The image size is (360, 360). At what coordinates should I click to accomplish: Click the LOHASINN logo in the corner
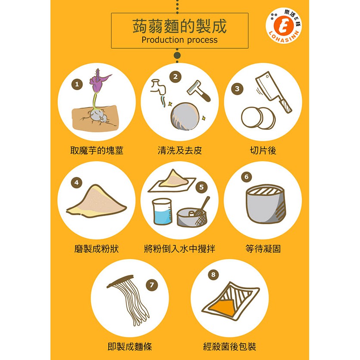(284, 25)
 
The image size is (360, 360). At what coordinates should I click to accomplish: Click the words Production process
(179, 40)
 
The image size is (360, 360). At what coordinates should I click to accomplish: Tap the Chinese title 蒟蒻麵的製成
(179, 26)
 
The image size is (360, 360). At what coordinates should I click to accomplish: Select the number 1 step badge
(77, 84)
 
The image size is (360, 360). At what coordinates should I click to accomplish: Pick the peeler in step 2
(199, 91)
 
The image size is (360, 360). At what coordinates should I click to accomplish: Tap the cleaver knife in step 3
(274, 92)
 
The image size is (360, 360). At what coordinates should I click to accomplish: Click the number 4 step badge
(76, 183)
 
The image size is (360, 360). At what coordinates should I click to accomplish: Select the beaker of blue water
(162, 212)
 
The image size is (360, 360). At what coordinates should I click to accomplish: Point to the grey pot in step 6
(266, 204)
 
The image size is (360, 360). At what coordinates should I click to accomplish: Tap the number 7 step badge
(152, 285)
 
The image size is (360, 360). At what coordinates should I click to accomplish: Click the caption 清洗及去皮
(179, 150)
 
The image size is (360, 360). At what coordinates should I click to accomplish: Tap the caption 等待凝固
(263, 249)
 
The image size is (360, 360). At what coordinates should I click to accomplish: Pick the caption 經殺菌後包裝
(230, 347)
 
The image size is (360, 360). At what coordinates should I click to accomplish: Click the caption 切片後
(263, 150)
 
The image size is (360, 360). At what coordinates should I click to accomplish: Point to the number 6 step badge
(247, 177)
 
